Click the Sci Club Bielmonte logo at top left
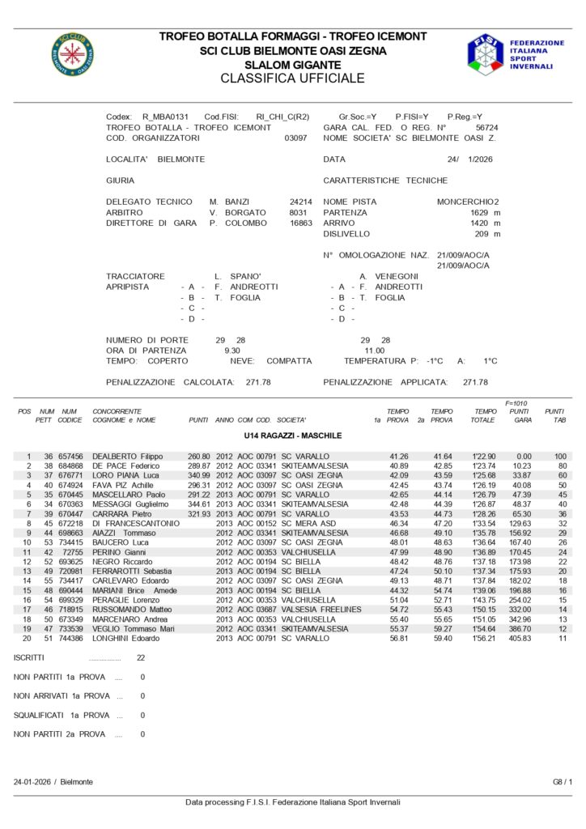pos(72,53)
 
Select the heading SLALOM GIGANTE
pos(292,64)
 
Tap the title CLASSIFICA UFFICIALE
pos(292,79)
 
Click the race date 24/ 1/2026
pos(469,159)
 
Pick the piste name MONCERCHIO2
pos(468,202)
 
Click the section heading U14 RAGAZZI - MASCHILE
pos(292,436)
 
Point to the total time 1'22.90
pos(483,457)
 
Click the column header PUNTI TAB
pos(555,416)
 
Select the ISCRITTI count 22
pos(142,657)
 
